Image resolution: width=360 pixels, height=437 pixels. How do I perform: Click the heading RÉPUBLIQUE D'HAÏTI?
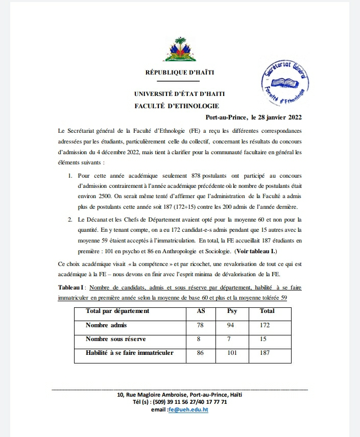click(180, 72)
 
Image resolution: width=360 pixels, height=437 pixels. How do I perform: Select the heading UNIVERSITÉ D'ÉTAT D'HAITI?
click(179, 94)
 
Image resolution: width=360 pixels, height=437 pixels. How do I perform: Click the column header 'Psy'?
click(231, 310)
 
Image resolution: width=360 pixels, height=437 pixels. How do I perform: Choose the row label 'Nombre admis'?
click(106, 325)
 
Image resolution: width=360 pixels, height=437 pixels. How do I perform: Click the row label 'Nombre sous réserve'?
click(116, 338)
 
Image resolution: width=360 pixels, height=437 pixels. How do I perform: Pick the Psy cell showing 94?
click(230, 325)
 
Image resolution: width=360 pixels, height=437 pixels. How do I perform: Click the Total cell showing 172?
click(265, 325)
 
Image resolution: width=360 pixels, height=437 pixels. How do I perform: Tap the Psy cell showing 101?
click(231, 353)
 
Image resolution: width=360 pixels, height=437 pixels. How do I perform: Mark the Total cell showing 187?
click(265, 353)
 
